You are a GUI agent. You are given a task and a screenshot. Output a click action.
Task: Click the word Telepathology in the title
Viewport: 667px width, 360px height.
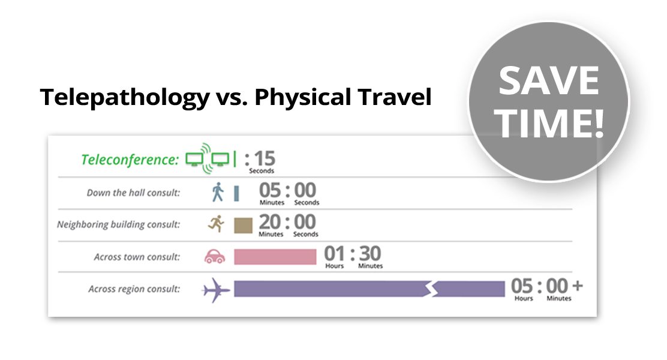click(x=125, y=97)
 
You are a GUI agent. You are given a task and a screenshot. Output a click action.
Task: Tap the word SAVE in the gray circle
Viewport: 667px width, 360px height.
click(x=549, y=80)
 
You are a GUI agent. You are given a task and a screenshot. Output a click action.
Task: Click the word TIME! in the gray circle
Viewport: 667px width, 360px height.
click(x=549, y=123)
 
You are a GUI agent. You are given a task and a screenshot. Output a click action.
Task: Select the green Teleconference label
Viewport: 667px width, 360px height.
click(x=130, y=160)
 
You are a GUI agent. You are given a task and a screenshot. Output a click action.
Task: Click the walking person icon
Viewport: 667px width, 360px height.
click(x=217, y=192)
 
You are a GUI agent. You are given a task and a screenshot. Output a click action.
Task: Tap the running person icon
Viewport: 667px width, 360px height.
click(x=217, y=223)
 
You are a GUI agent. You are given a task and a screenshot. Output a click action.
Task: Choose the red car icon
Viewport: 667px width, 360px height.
click(x=215, y=256)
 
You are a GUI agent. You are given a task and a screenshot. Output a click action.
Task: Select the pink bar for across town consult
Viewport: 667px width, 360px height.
click(x=275, y=257)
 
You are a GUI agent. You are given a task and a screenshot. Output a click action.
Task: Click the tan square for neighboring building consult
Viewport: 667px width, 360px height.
click(x=244, y=226)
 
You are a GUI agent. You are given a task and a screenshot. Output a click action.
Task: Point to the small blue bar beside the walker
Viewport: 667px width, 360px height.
click(x=236, y=193)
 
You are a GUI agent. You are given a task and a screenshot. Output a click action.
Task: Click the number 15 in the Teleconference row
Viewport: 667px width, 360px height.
click(x=265, y=159)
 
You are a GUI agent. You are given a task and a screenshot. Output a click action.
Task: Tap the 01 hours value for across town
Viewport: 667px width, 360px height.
click(x=334, y=254)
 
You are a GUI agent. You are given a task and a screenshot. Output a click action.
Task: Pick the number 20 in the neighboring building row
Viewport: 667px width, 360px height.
click(x=270, y=222)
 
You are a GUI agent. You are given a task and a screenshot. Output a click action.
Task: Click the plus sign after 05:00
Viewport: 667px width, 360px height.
click(x=577, y=286)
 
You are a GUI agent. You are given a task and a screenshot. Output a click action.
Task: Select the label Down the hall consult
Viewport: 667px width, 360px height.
click(x=133, y=193)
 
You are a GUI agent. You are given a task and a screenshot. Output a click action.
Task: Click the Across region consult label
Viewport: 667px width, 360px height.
click(x=134, y=289)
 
